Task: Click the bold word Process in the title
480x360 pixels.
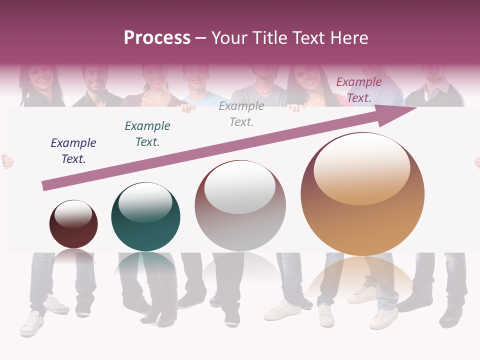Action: click(157, 38)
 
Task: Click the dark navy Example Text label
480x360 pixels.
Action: click(73, 151)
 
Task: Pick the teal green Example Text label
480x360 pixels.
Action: click(147, 134)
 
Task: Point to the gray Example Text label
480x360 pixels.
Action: click(241, 114)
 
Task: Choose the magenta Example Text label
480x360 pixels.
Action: click(359, 90)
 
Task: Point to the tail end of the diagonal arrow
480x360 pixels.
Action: click(45, 186)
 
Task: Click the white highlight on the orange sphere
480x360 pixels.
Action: click(362, 168)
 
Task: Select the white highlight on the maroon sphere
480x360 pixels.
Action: click(73, 214)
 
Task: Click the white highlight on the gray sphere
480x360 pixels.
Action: click(240, 187)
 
